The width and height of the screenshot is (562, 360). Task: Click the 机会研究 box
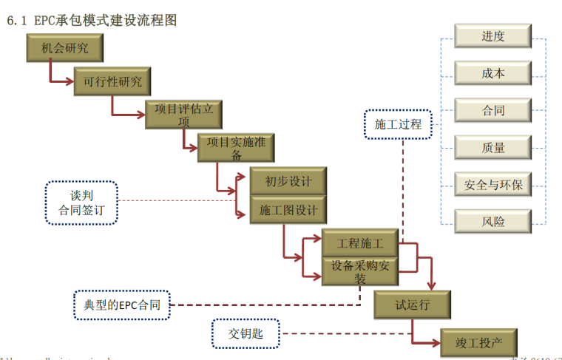pos(64,49)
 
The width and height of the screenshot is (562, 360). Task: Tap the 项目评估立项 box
pos(183,115)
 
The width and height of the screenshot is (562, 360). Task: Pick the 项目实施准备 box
pos(236,148)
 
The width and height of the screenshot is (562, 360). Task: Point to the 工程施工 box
pos(359,243)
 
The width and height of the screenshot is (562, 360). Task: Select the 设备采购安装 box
pos(359,271)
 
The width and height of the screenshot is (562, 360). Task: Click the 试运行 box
pos(412,304)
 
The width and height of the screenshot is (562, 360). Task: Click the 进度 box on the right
pos(493,35)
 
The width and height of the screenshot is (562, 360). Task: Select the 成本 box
pos(493,72)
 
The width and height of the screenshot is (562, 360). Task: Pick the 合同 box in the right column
pos(493,110)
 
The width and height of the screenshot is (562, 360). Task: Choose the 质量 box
pos(493,147)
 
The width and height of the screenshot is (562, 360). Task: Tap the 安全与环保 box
pos(493,184)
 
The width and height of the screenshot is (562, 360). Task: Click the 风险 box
pos(493,221)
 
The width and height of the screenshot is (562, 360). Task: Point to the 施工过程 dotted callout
pos(398,124)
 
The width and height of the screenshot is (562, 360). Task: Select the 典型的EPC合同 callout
pos(122,305)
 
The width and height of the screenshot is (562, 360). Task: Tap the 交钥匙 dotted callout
pos(246,335)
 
